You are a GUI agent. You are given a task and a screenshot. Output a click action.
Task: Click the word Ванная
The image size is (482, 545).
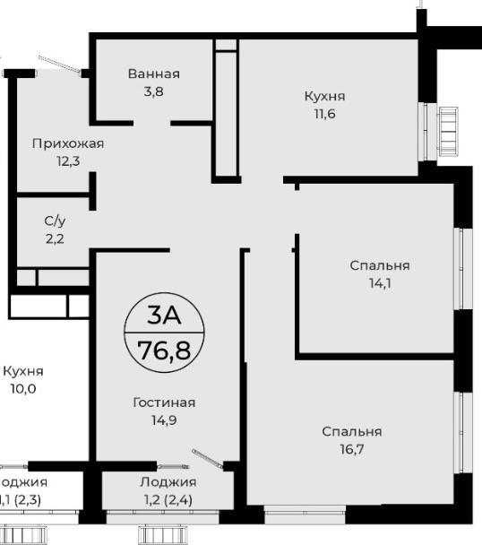pyautogui.click(x=153, y=74)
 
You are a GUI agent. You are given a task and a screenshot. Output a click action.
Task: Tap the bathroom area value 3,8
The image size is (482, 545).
pyautogui.click(x=153, y=92)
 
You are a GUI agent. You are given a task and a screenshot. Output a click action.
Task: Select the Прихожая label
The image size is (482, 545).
pyautogui.click(x=68, y=143)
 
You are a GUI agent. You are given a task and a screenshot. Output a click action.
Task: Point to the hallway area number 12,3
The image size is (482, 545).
pyautogui.click(x=68, y=161)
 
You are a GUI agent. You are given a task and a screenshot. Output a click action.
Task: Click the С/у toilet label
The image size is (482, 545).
pyautogui.click(x=55, y=221)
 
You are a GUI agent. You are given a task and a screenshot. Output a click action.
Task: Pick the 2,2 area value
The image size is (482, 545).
pyautogui.click(x=55, y=239)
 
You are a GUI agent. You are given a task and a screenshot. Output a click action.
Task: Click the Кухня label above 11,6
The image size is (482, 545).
pyautogui.click(x=325, y=96)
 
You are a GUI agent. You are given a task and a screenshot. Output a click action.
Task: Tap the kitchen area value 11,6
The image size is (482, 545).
pyautogui.click(x=325, y=114)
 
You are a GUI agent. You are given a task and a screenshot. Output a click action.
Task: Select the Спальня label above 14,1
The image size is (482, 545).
pyautogui.click(x=380, y=265)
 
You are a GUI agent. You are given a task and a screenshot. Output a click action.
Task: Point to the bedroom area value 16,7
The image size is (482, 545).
pyautogui.click(x=352, y=449)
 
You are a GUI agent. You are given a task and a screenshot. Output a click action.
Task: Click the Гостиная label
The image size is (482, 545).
pyautogui.click(x=164, y=402)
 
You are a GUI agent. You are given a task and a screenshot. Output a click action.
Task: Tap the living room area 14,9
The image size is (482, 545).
pyautogui.click(x=164, y=420)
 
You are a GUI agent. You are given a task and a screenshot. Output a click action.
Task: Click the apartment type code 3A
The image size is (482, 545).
pyautogui.click(x=164, y=316)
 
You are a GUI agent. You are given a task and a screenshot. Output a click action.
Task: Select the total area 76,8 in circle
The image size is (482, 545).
pyautogui.click(x=164, y=350)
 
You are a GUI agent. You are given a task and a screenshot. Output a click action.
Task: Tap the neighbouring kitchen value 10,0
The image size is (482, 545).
pyautogui.click(x=23, y=389)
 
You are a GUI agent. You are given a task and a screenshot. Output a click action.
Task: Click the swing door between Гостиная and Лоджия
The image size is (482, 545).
pyautogui.click(x=208, y=459)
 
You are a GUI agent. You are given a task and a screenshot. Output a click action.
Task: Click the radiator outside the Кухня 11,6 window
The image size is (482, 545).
pyautogui.click(x=448, y=132)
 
